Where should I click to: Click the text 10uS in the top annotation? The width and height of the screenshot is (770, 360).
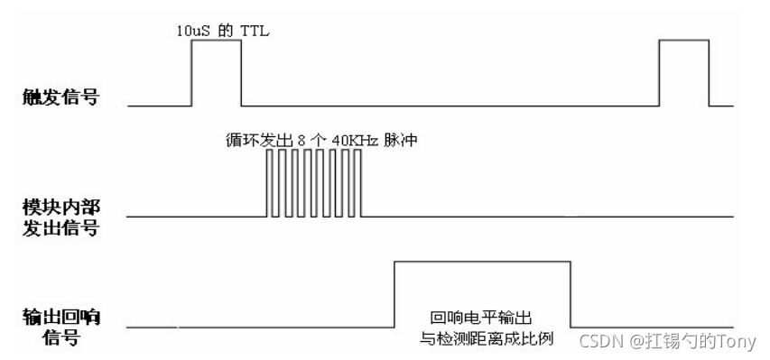pyautogui.click(x=192, y=30)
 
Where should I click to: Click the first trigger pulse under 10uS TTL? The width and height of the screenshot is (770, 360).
pyautogui.click(x=216, y=72)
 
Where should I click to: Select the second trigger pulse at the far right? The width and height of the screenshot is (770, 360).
pyautogui.click(x=683, y=72)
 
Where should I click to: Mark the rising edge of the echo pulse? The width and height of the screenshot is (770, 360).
pyautogui.click(x=394, y=293)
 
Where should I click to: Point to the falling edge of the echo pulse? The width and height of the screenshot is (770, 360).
pyautogui.click(x=571, y=293)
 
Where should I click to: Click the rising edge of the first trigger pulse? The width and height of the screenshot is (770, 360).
pyautogui.click(x=190, y=72)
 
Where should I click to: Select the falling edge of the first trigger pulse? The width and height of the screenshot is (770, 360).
pyautogui.click(x=241, y=72)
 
